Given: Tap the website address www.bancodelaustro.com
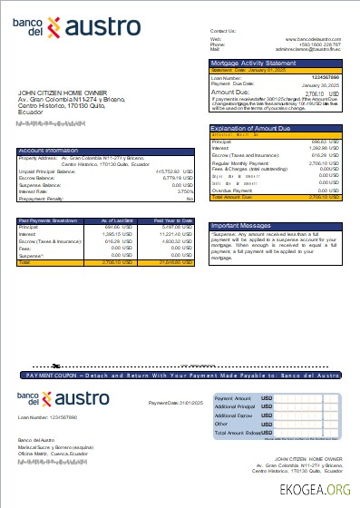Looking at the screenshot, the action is (x=314, y=38).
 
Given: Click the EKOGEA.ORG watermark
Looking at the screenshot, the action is (x=314, y=490).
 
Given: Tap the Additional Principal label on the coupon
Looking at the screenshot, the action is (x=233, y=406).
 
